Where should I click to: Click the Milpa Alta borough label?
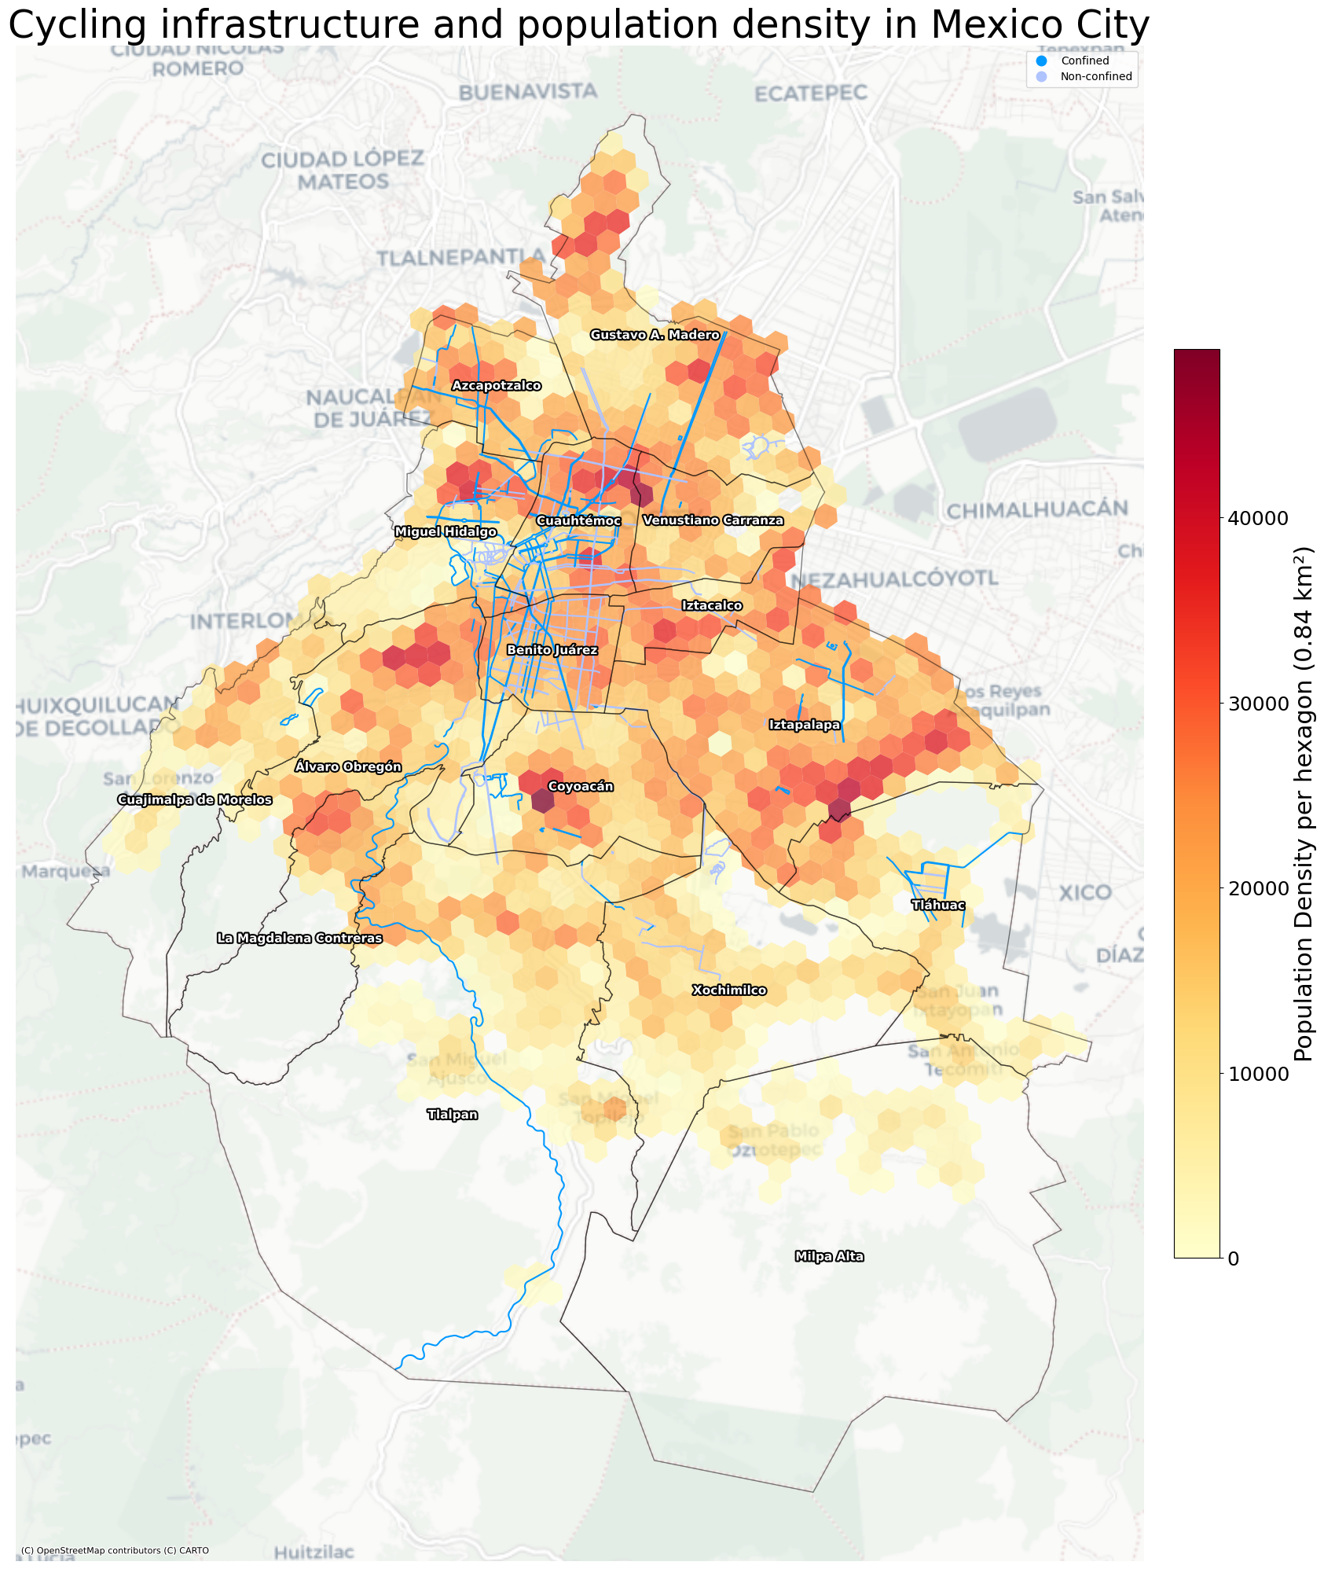coord(829,1256)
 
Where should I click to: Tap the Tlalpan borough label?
coord(452,1114)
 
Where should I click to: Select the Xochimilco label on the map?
coord(728,990)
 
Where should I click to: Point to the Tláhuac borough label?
coord(937,905)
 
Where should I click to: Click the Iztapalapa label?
coord(805,725)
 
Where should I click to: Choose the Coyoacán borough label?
coord(580,786)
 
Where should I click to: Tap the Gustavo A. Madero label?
coord(655,335)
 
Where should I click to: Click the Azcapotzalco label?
coord(496,385)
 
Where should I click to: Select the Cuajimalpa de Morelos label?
coord(194,799)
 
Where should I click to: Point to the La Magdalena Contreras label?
coord(299,938)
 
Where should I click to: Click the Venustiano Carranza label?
coord(713,520)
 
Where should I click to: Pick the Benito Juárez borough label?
coord(552,650)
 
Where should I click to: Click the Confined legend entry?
coord(1084,61)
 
